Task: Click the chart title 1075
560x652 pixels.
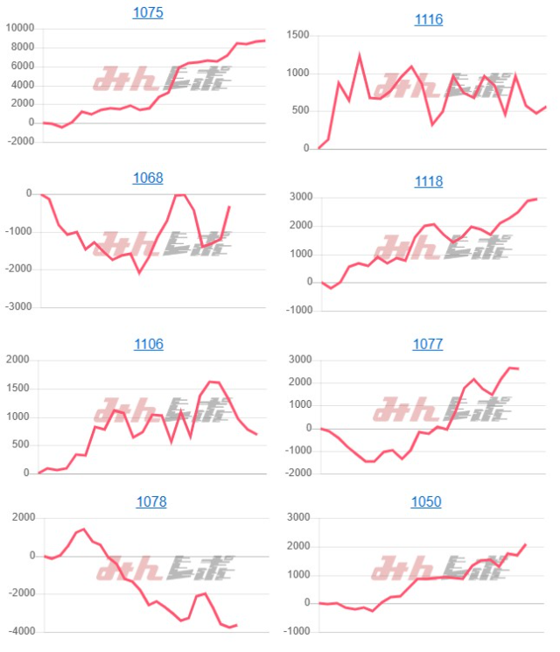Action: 148,13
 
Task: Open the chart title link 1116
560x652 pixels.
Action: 428,19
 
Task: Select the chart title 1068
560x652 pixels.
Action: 148,179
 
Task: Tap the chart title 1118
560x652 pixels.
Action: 428,182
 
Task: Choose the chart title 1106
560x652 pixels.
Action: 148,345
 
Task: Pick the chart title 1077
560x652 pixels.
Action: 428,344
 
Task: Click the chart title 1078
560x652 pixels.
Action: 151,502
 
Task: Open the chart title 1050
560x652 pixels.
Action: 427,502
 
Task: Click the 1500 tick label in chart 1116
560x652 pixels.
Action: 298,36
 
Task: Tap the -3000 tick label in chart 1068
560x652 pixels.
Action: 17,308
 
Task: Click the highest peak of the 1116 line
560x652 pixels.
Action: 360,55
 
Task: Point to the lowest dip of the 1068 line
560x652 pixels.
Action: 139,272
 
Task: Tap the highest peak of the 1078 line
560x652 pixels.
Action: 83,529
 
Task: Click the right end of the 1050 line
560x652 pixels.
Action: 526,544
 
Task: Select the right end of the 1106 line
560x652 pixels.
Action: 256,434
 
